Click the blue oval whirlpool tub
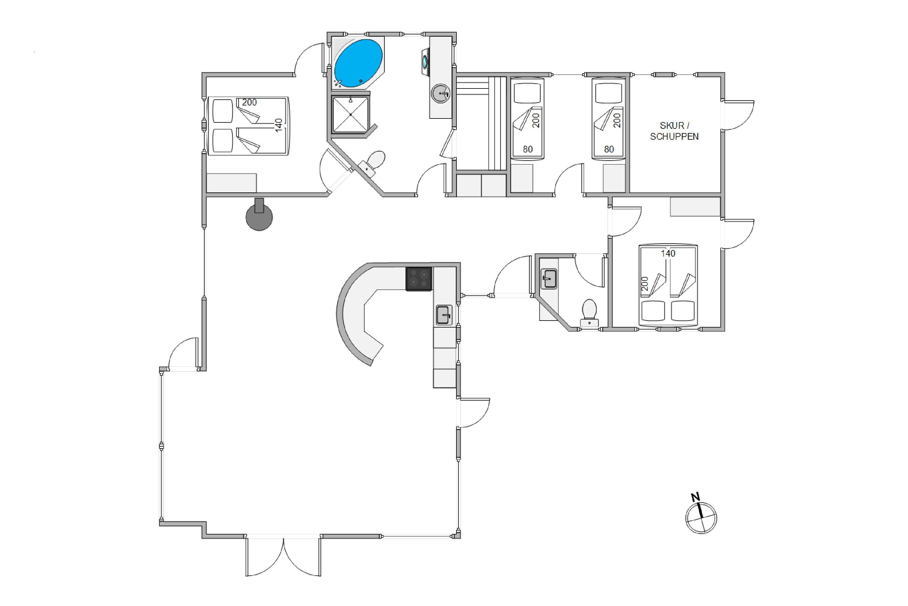(x=358, y=63)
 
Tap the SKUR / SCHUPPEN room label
(x=674, y=131)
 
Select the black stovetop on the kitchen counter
(x=419, y=279)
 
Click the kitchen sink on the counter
(x=444, y=315)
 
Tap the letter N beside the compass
(x=695, y=497)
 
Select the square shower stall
(x=350, y=115)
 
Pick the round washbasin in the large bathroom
(x=440, y=94)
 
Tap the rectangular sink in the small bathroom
(x=548, y=279)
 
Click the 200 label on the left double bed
(x=249, y=102)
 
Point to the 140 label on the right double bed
(x=668, y=254)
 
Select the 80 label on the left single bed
(x=528, y=149)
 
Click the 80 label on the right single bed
(x=609, y=149)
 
